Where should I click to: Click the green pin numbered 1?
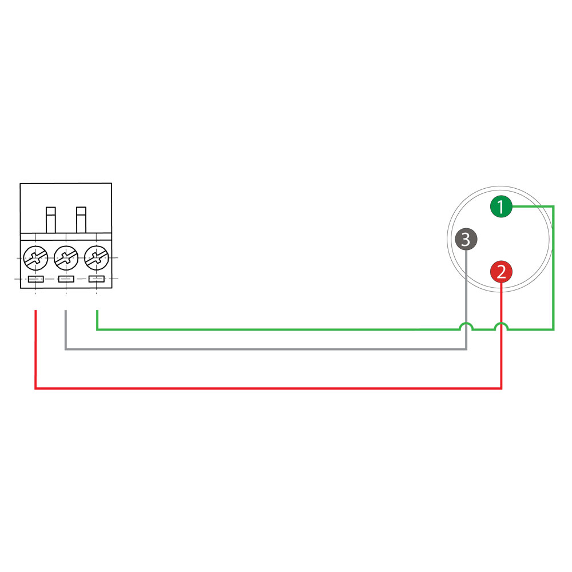(x=501, y=206)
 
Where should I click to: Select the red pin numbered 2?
(x=501, y=272)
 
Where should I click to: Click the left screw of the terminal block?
(x=35, y=257)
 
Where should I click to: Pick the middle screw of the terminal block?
(x=66, y=257)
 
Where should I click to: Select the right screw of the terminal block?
(x=96, y=257)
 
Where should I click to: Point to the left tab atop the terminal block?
(x=51, y=220)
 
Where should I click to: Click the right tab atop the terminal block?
(x=81, y=220)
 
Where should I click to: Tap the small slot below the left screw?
(x=35, y=279)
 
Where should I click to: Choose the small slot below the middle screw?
(x=66, y=279)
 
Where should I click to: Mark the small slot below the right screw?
(x=96, y=279)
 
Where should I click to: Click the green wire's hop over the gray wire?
(x=466, y=326)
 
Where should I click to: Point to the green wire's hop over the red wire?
(x=501, y=326)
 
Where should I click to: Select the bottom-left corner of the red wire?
(x=36, y=388)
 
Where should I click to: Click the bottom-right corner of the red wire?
(x=501, y=388)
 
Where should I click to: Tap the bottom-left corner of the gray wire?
(x=66, y=349)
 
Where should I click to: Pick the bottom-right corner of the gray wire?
(x=466, y=349)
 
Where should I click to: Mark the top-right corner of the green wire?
(x=553, y=206)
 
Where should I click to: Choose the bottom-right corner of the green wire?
(x=553, y=329)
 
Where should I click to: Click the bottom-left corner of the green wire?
(x=97, y=329)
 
